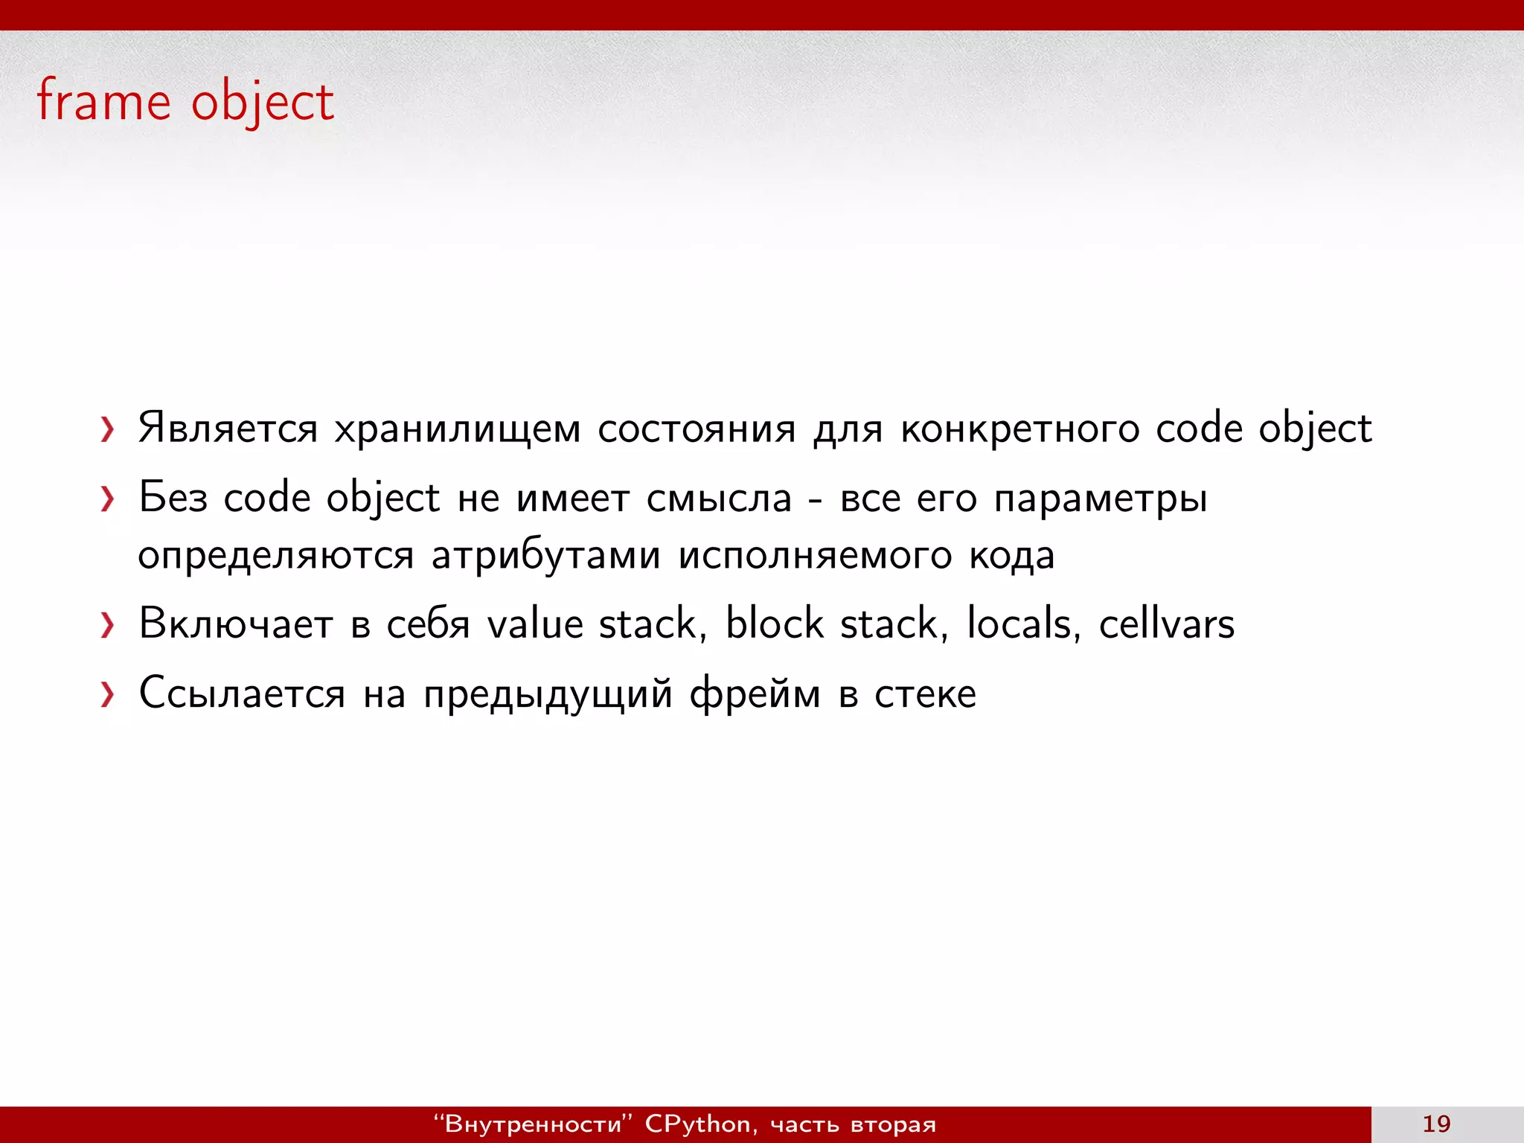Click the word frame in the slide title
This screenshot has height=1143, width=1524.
(103, 101)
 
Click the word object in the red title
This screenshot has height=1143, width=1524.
(263, 103)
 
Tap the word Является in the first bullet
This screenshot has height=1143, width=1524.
(228, 429)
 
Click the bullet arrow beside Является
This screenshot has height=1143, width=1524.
(108, 430)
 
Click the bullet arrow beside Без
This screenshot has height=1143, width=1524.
(108, 499)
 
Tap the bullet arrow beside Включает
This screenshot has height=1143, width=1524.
(108, 625)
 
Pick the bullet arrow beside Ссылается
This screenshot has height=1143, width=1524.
(108, 695)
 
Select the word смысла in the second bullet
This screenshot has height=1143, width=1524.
(719, 499)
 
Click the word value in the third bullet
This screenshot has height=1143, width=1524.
(535, 624)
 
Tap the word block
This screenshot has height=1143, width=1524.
(774, 624)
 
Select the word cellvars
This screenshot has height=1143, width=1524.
(1166, 624)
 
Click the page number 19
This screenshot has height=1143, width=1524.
(1436, 1124)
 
